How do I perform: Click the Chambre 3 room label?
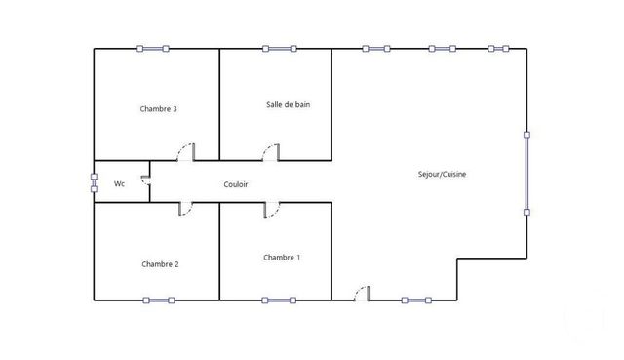pyautogui.click(x=159, y=109)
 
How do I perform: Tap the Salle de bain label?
pyautogui.click(x=289, y=104)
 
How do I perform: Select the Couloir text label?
pyautogui.click(x=236, y=183)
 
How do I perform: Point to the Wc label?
pyautogui.click(x=119, y=183)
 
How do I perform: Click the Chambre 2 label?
pyautogui.click(x=160, y=264)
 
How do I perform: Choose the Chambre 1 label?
pyautogui.click(x=282, y=258)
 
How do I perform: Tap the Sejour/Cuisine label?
pyautogui.click(x=442, y=174)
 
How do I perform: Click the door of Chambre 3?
pyautogui.click(x=184, y=152)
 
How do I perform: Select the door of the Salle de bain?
pyautogui.click(x=271, y=152)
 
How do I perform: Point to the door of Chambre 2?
pyautogui.click(x=184, y=209)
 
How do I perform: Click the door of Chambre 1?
pyautogui.click(x=271, y=209)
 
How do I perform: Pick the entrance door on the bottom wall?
pyautogui.click(x=361, y=294)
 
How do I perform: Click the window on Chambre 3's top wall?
pyautogui.click(x=152, y=48)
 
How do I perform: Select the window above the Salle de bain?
pyautogui.click(x=279, y=48)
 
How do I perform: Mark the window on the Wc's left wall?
pyautogui.click(x=95, y=182)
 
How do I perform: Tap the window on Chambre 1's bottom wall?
pyautogui.click(x=279, y=300)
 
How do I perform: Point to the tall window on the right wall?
pyautogui.click(x=526, y=172)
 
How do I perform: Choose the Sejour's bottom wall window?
pyautogui.click(x=416, y=300)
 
